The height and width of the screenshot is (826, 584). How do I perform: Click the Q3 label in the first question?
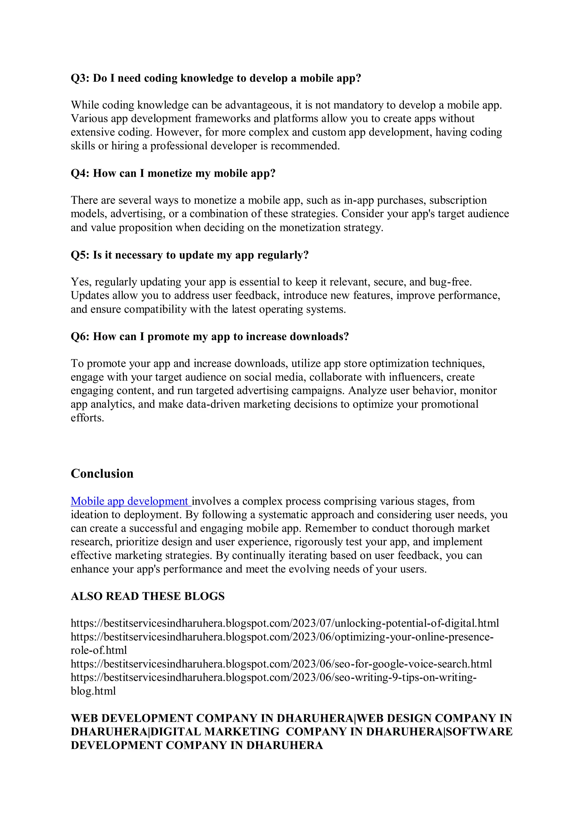(80, 78)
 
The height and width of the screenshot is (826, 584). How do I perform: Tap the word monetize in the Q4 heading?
(170, 173)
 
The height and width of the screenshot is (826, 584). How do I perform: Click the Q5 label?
(80, 255)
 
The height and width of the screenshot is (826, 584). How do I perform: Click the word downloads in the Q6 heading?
(319, 337)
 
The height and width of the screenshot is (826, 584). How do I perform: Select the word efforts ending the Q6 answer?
(87, 418)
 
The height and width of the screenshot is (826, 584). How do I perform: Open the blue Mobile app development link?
(129, 501)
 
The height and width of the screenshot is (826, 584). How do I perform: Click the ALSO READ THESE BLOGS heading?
(147, 596)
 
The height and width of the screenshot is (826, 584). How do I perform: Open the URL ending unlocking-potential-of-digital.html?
(284, 624)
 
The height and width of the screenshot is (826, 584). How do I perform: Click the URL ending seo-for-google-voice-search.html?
(281, 664)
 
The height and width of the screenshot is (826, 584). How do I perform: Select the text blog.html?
(93, 691)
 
